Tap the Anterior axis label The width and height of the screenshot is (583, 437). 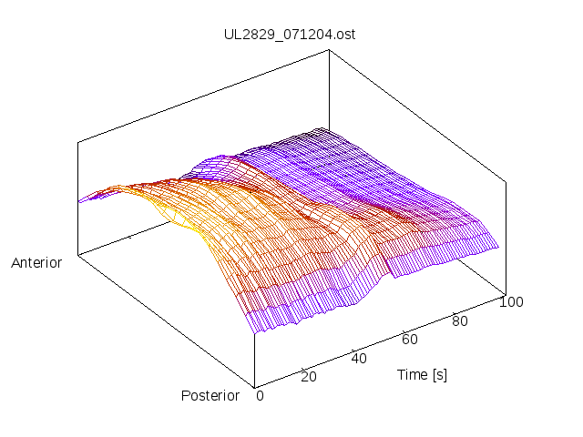pyautogui.click(x=36, y=263)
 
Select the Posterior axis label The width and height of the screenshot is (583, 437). pyautogui.click(x=210, y=395)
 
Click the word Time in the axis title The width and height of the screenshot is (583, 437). pyautogui.click(x=412, y=374)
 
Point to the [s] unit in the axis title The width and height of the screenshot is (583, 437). pyautogui.click(x=439, y=374)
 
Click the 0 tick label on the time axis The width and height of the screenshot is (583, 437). pyautogui.click(x=260, y=395)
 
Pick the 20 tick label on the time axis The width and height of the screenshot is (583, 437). pyautogui.click(x=308, y=377)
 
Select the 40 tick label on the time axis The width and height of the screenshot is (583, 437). pyautogui.click(x=359, y=358)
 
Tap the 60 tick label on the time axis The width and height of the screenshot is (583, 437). pyautogui.click(x=410, y=340)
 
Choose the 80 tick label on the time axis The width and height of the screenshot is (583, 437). pyautogui.click(x=461, y=320)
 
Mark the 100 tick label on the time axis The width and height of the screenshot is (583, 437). pyautogui.click(x=511, y=302)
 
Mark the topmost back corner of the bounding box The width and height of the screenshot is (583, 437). pyautogui.click(x=330, y=51)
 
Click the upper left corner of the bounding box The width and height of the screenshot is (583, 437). pyautogui.click(x=78, y=142)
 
